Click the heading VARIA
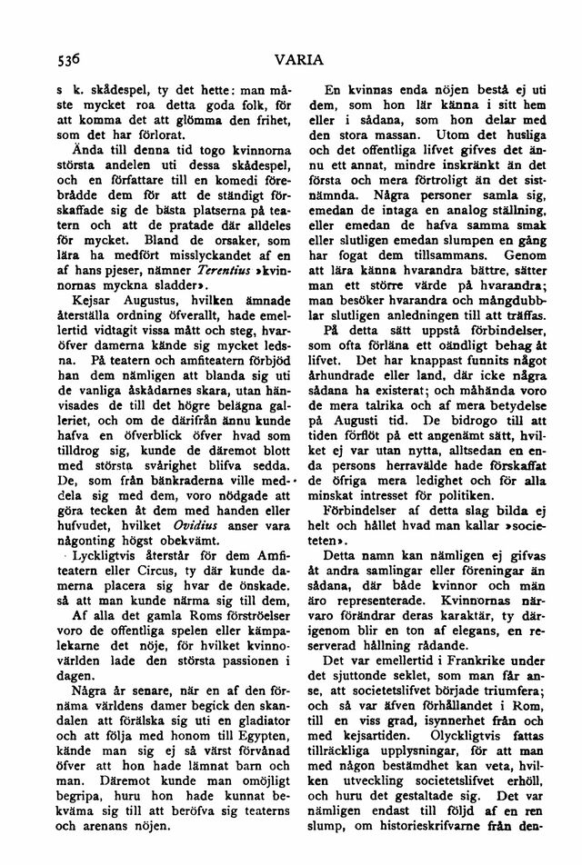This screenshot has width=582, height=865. tap(302, 63)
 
